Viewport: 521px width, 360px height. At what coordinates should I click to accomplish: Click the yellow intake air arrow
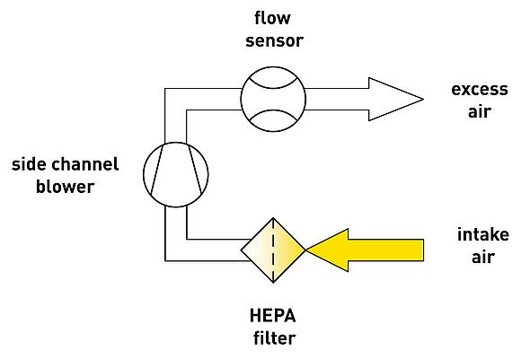pos(365,250)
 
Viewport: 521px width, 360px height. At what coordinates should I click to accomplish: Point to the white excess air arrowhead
pos(395,99)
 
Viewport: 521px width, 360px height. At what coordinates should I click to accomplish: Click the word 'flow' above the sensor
pos(272,18)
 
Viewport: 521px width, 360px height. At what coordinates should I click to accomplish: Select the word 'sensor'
pos(275,41)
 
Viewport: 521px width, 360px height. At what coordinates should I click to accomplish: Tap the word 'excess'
pos(480,90)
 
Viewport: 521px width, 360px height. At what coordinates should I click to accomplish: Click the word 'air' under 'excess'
pos(480,111)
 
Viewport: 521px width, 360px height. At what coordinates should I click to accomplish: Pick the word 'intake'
pos(483,234)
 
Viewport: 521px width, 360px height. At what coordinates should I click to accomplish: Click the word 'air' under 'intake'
pos(483,257)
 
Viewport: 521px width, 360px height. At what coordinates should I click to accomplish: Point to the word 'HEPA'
pos(273,316)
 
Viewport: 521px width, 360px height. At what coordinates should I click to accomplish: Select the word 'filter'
pos(275,338)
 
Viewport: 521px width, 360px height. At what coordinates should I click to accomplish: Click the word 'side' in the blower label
pos(28,164)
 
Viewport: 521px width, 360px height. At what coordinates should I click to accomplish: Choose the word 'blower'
pos(65,187)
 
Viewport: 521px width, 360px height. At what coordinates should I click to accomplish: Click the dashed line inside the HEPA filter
pos(273,250)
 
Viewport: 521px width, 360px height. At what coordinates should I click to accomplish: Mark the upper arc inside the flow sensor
pos(273,87)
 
